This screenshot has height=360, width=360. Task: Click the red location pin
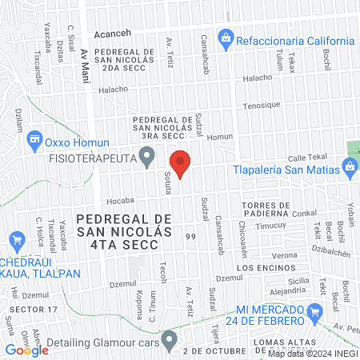click(181, 163)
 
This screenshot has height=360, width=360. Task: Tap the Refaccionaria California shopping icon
click(226, 37)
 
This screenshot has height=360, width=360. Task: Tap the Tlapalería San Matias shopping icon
click(349, 166)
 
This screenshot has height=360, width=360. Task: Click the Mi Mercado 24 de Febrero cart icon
click(228, 312)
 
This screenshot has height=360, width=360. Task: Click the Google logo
click(27, 350)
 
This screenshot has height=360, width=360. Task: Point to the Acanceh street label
click(112, 35)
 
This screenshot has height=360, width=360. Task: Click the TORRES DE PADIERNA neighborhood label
click(263, 210)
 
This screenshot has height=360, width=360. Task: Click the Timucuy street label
click(266, 226)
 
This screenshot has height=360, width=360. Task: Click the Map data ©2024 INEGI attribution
click(312, 353)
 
